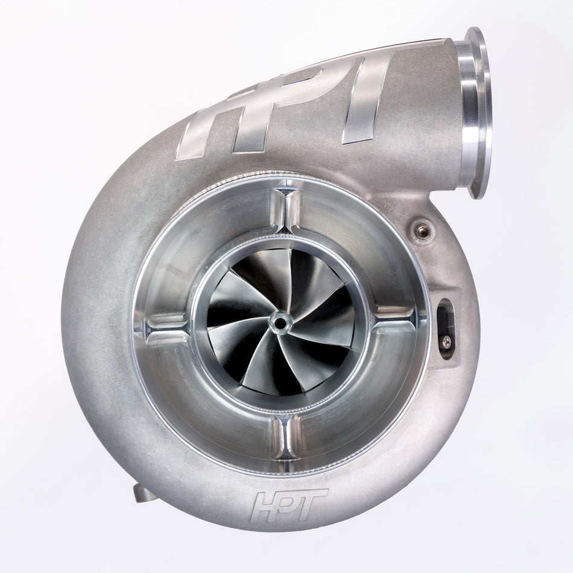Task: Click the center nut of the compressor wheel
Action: (x=280, y=322)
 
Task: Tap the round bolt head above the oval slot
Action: (x=423, y=230)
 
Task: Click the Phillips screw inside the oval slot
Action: (x=446, y=342)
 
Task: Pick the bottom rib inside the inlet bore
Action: (x=283, y=435)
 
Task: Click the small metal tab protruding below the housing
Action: (x=144, y=493)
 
